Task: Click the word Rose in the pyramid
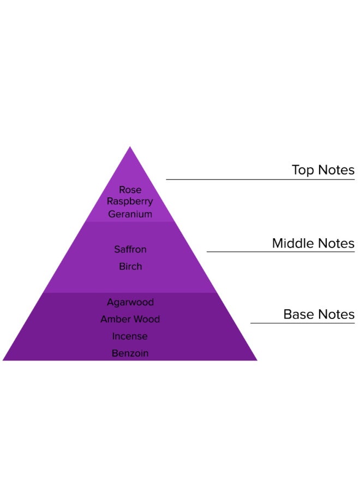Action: click(x=130, y=190)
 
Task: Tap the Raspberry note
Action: click(x=130, y=202)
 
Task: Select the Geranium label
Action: click(x=130, y=214)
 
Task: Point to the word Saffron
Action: click(x=130, y=249)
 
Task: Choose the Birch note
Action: click(x=130, y=267)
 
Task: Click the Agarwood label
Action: click(x=130, y=302)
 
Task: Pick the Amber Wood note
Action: click(x=130, y=319)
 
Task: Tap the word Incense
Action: click(x=130, y=336)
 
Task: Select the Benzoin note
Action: click(x=130, y=353)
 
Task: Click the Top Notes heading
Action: click(x=323, y=170)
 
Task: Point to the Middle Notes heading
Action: click(x=313, y=243)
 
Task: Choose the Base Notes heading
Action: click(x=319, y=315)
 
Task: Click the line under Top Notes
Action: click(x=260, y=179)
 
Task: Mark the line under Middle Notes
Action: click(x=280, y=251)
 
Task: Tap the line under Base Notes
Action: click(x=302, y=323)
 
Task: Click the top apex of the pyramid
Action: click(x=130, y=147)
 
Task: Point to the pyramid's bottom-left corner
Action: click(x=4, y=360)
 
